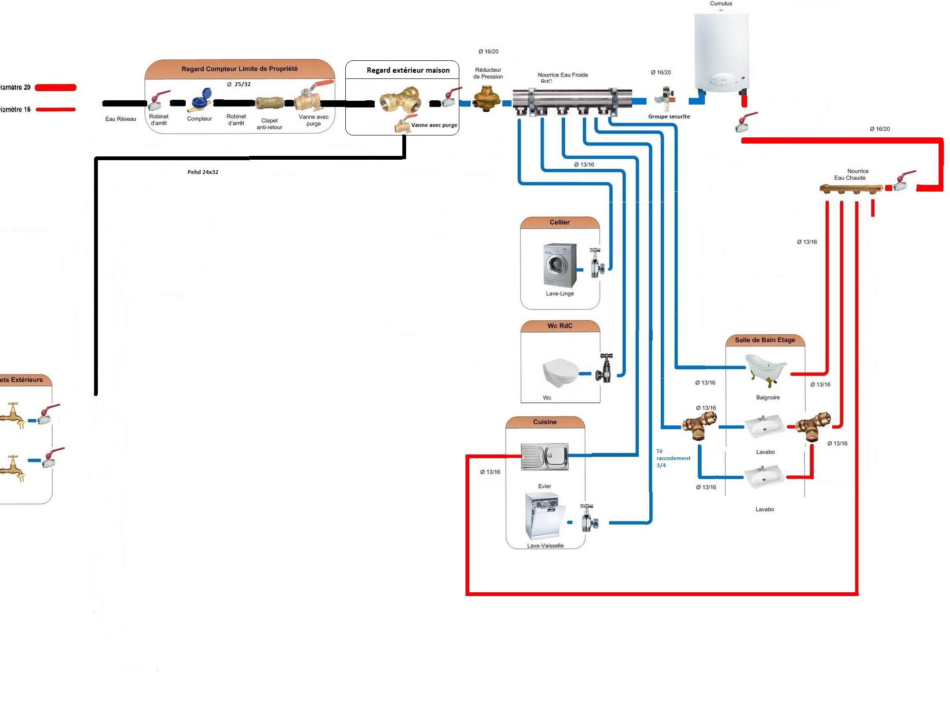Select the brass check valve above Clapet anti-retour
pos(270,103)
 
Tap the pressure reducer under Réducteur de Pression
pos(486,98)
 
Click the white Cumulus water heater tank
pos(721,52)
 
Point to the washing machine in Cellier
pos(560,265)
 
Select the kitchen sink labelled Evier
pos(544,456)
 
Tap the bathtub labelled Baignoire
pos(766,368)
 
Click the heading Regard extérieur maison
pos(408,70)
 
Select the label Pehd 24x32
pos(203,172)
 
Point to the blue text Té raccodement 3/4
pos(673,458)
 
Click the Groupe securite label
pos(669,116)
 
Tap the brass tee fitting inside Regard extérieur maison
pos(400,100)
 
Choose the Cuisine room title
pos(545,422)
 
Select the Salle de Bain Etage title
pos(765,340)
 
